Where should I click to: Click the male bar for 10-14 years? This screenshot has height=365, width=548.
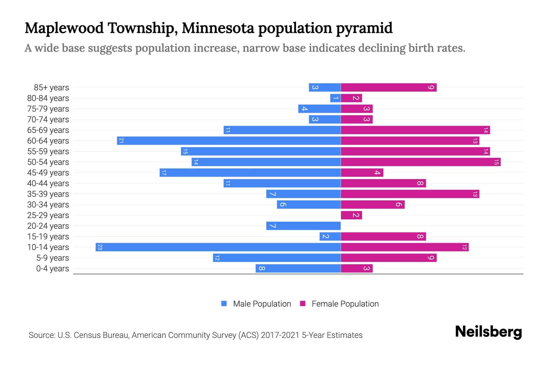pos(218,247)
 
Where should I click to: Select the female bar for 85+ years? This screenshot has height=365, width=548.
pos(388,88)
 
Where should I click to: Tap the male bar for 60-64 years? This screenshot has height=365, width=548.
pos(229,141)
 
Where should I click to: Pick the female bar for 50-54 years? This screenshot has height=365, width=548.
pos(420,162)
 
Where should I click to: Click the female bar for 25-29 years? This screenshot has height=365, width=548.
pos(351,215)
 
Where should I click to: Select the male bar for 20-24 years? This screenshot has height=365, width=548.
pos(303,226)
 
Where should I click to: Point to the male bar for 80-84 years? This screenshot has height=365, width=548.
pos(335,98)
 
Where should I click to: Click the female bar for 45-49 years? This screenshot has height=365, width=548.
pos(362,173)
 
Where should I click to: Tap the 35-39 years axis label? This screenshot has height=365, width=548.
pos(48,194)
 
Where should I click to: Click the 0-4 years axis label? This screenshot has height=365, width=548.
pos(52,269)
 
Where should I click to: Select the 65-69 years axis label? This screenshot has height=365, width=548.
pos(48,130)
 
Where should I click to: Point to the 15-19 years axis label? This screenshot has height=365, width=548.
pos(48,237)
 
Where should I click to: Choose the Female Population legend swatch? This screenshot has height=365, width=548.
pos(303,304)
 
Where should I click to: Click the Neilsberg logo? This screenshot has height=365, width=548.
pos(488,332)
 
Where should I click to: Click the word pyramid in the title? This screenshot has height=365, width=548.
pos(364,28)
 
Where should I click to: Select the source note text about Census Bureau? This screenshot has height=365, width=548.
pos(195,335)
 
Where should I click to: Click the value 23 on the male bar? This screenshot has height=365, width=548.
pos(100,247)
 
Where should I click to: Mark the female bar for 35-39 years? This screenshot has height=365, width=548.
pos(410,194)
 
